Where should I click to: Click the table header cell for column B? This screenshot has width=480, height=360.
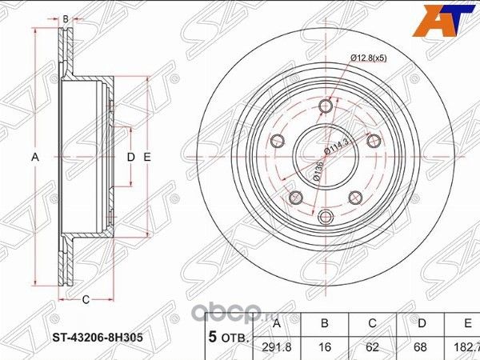325,325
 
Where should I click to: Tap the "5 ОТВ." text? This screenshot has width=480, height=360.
226,338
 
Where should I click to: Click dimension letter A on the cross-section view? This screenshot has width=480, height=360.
34,158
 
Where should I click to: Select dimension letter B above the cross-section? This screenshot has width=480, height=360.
66,16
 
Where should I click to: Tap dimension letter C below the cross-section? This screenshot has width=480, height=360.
84,300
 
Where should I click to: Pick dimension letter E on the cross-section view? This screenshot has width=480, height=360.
147,158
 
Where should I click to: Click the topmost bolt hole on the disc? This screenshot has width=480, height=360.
325,107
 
